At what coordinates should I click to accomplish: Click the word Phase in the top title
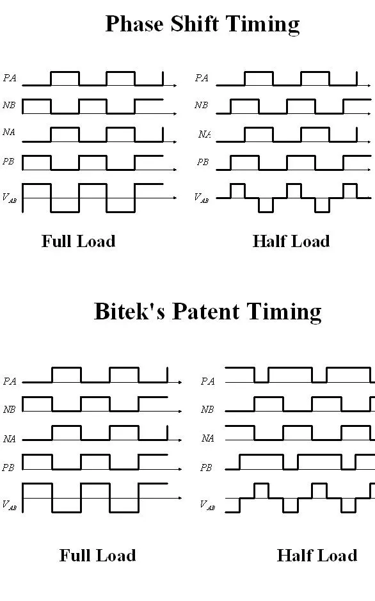click(135, 24)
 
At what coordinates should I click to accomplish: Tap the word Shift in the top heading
click(195, 24)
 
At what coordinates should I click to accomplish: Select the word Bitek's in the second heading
click(130, 311)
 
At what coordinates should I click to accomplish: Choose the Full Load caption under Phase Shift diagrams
click(79, 241)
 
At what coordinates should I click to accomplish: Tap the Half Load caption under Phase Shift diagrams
click(291, 241)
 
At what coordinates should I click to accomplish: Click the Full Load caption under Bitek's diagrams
click(98, 556)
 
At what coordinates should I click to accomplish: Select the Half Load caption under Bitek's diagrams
click(317, 556)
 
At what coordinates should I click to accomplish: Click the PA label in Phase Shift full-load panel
click(10, 78)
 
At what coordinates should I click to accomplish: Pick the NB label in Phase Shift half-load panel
click(201, 105)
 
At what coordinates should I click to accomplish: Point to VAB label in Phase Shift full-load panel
click(9, 198)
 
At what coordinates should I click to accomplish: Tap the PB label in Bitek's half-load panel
click(206, 468)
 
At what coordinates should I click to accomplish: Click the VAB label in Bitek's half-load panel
click(207, 505)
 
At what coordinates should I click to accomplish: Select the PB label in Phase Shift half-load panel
click(203, 162)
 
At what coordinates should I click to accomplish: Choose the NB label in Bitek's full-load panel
click(9, 410)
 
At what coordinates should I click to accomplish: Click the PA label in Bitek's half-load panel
click(207, 381)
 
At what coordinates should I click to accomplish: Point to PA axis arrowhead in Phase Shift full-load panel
click(175, 86)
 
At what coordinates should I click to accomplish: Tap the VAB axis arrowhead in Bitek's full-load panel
click(180, 498)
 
